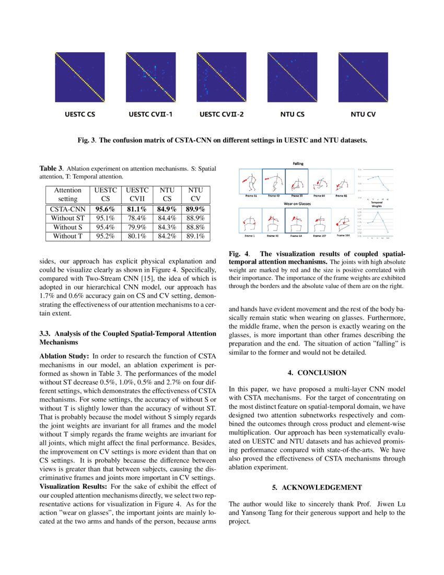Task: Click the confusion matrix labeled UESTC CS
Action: click(x=80, y=77)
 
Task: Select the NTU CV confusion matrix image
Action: click(x=363, y=77)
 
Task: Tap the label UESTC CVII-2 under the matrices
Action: click(x=221, y=113)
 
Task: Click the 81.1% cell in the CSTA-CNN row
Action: click(x=138, y=209)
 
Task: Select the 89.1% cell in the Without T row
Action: click(x=195, y=236)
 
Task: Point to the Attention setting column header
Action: click(x=68, y=194)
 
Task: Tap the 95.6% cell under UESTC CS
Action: click(x=106, y=209)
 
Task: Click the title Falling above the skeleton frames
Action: click(x=298, y=164)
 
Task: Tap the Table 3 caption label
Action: click(x=52, y=168)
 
